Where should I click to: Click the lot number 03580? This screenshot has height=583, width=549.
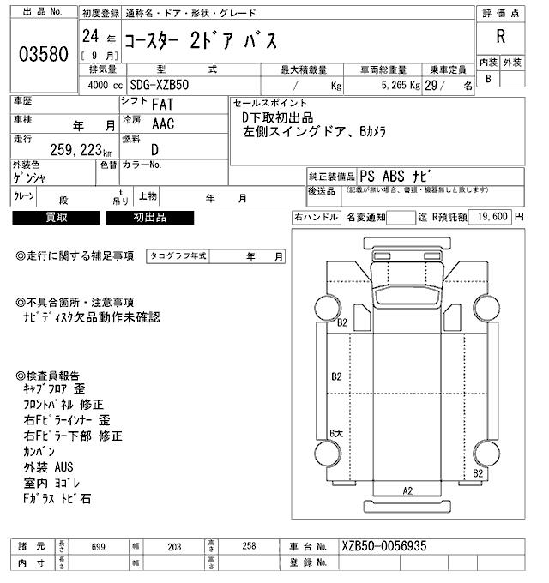(43, 54)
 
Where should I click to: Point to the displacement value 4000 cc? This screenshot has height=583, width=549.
(106, 86)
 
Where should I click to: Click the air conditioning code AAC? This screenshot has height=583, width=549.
(163, 124)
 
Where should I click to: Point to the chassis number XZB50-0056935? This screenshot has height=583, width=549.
(383, 546)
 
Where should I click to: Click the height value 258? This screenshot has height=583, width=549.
(248, 546)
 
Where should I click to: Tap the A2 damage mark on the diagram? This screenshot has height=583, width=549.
(408, 490)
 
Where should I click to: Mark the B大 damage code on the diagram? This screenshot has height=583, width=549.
(337, 434)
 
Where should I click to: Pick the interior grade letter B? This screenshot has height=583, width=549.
(489, 79)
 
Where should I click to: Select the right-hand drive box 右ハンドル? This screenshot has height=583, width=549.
(316, 217)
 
